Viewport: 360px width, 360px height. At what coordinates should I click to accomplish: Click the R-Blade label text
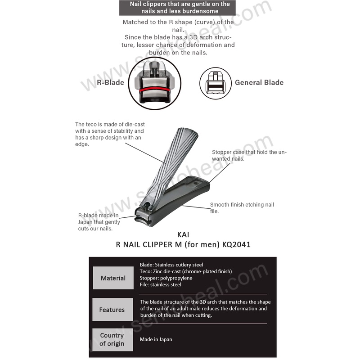(110, 82)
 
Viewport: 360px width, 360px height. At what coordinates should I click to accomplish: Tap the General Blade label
(259, 82)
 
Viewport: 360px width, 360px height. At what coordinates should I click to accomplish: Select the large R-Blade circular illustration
(155, 82)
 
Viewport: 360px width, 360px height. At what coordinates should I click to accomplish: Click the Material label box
(113, 278)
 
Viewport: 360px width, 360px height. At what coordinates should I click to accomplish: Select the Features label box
(112, 310)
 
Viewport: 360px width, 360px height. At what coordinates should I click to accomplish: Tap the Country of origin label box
(112, 339)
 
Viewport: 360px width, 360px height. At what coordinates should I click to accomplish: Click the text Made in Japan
(156, 339)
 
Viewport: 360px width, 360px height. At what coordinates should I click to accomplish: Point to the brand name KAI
(180, 235)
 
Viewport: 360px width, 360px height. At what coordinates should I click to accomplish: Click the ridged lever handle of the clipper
(173, 162)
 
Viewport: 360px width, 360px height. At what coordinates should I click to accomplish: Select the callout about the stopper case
(249, 155)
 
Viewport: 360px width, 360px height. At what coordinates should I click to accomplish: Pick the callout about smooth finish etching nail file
(242, 207)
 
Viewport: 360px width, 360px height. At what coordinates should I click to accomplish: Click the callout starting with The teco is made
(110, 134)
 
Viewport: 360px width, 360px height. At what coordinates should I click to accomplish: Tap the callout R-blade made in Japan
(99, 222)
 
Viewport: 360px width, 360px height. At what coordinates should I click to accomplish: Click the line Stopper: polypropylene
(166, 278)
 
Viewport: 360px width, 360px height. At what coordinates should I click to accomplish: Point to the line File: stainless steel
(161, 284)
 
